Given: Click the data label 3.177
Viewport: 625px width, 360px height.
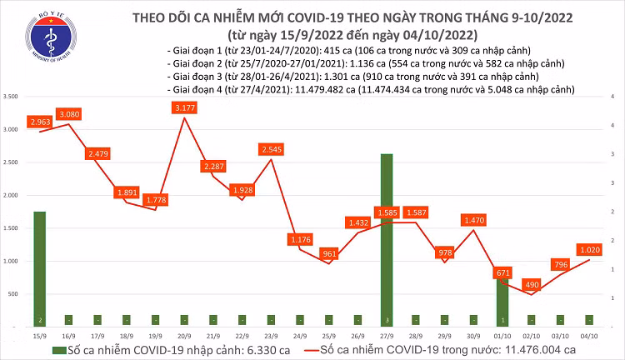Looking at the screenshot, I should (x=183, y=107).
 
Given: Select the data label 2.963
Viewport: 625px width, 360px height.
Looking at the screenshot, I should (x=40, y=122).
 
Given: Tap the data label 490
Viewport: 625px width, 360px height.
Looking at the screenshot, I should (x=532, y=283).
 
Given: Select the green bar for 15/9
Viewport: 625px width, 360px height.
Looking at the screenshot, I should (x=39, y=267).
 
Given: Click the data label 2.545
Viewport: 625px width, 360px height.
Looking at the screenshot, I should (x=270, y=149).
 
